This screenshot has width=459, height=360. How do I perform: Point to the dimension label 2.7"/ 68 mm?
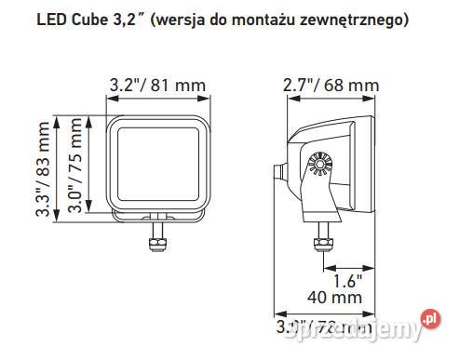coord(331,86)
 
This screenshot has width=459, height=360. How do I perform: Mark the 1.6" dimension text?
coord(345,278)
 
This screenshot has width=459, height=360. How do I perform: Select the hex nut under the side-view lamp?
coord(324,244)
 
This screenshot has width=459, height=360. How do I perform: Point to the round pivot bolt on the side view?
coord(319,165)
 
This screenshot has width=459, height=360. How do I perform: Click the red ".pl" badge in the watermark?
coord(430,321)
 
